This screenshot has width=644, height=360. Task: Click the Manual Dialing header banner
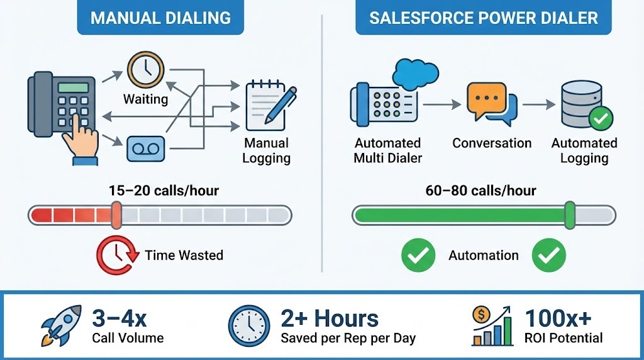(160, 17)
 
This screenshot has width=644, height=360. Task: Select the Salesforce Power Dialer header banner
(483, 17)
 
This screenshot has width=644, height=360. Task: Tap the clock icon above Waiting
(145, 69)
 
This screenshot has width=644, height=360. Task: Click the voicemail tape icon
(145, 149)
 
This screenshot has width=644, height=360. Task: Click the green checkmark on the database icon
(600, 118)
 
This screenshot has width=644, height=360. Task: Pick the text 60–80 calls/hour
(483, 190)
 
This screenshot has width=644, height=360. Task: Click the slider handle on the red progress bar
(116, 215)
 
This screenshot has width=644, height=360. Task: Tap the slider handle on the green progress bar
(570, 215)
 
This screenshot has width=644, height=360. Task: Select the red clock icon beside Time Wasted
(116, 254)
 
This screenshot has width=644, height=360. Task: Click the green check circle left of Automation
(418, 255)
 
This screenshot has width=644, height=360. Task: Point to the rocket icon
(61, 325)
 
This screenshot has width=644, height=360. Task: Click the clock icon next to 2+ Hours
(249, 326)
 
